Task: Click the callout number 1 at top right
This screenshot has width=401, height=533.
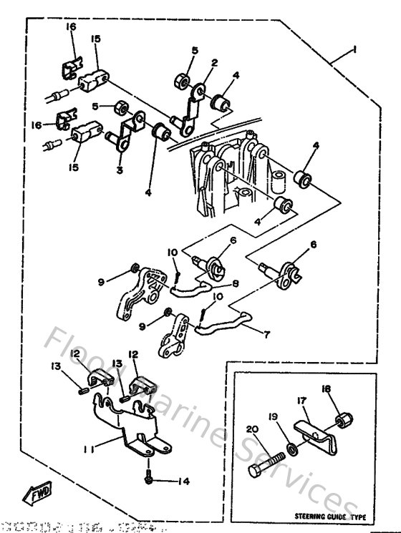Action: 353,51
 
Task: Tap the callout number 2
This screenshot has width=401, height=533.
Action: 213,64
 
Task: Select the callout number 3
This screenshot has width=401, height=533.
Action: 120,170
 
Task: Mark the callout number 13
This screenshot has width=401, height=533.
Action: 55,367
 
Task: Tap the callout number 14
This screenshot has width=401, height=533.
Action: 183,481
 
